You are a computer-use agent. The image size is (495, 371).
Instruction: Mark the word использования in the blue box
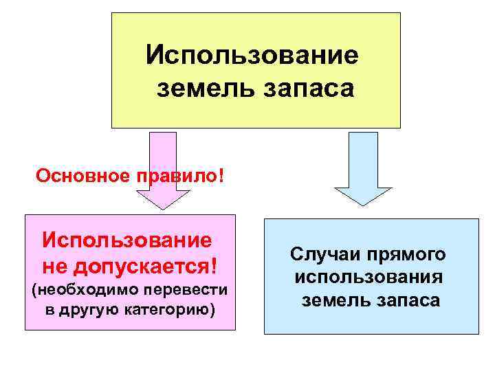(368, 278)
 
